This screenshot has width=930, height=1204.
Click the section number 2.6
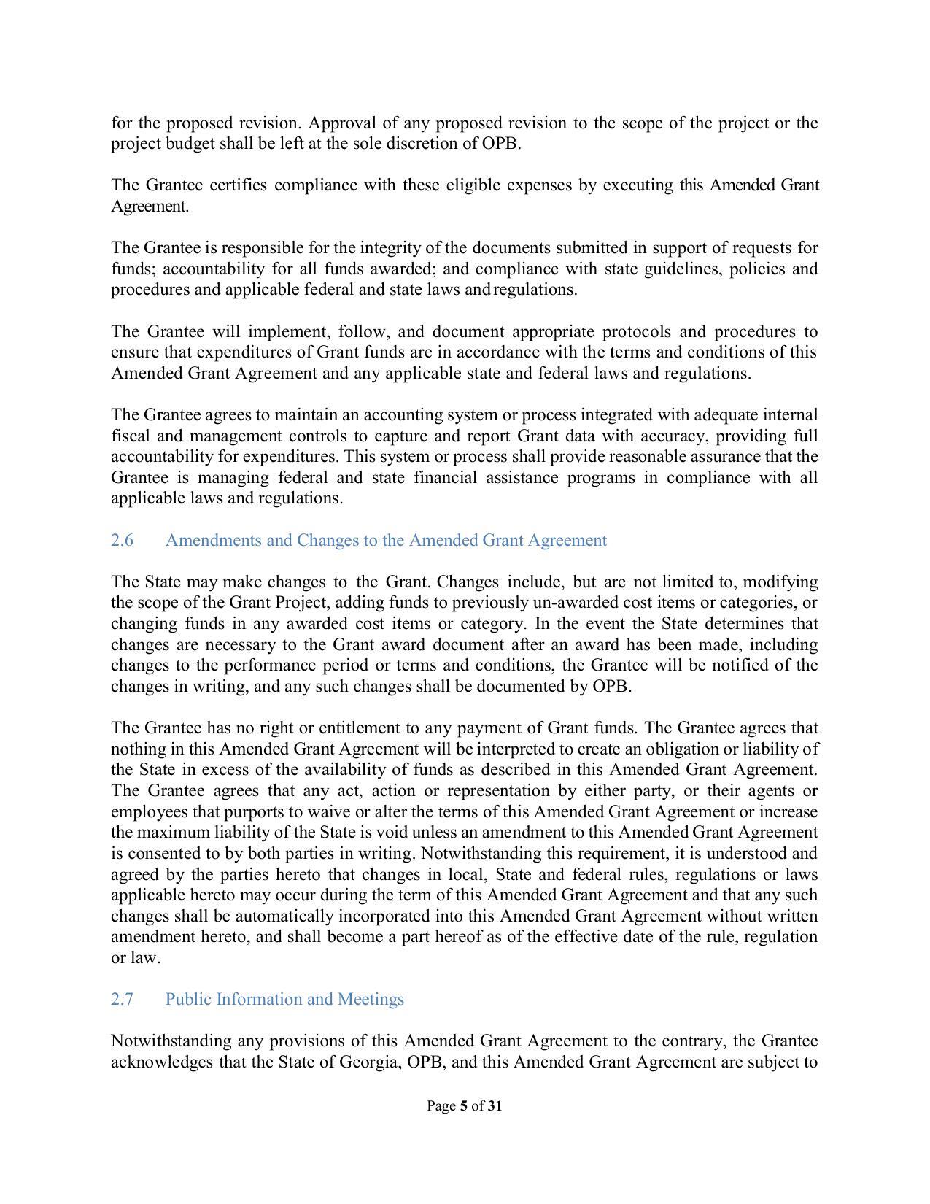122,541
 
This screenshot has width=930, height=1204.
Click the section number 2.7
122,1000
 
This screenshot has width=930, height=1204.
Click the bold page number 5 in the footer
463,1106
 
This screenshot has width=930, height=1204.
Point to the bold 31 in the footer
495,1106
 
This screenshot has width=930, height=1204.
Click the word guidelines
682,269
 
